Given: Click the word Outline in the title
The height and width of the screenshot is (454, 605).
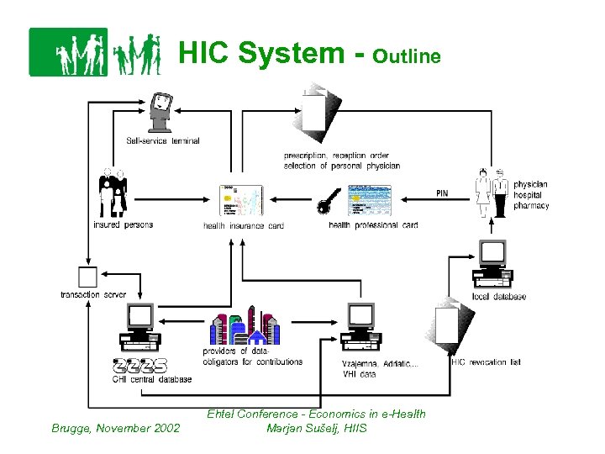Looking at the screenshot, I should point(406,56).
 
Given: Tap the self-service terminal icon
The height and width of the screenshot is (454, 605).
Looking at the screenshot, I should point(161,113).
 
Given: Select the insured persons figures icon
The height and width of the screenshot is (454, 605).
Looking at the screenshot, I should point(113,194).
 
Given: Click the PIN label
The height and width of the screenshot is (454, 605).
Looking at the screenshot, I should point(442,193).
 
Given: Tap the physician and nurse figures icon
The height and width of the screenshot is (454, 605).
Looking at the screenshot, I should point(491,193).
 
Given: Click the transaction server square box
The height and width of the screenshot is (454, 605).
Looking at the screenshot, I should point(87,277).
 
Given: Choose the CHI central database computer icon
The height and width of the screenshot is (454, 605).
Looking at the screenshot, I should point(140,328).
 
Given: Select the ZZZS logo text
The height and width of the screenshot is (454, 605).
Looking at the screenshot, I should point(140,366).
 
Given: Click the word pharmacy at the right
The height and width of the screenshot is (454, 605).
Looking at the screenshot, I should point(531,206).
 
